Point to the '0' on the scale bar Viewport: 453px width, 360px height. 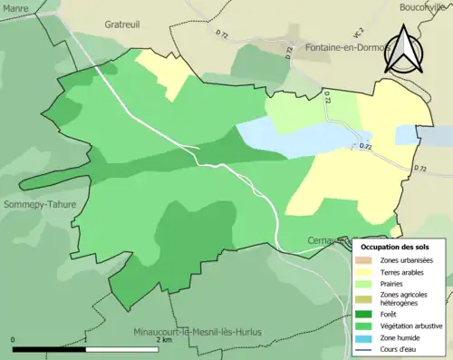click(13, 341)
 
